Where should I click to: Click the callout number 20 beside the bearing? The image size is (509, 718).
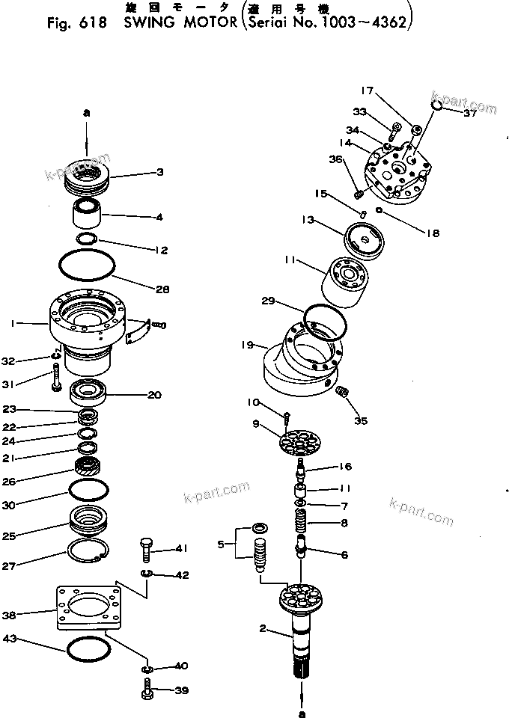pyautogui.click(x=154, y=396)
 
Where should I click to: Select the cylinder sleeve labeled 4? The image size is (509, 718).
pyautogui.click(x=88, y=214)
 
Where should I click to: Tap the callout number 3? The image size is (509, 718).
pyautogui.click(x=159, y=173)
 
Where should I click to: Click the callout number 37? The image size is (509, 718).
pyautogui.click(x=469, y=114)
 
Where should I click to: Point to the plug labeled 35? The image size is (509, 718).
pyautogui.click(x=342, y=393)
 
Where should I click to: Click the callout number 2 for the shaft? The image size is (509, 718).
pyautogui.click(x=263, y=629)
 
